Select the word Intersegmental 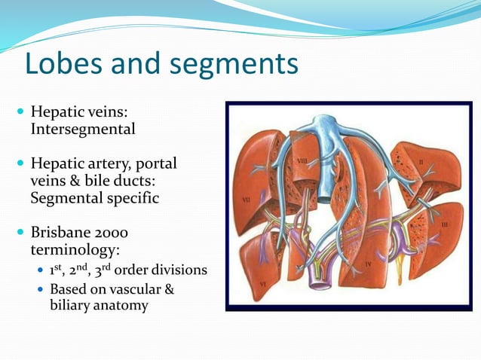83,129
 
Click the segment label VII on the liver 247,200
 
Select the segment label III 445,224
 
